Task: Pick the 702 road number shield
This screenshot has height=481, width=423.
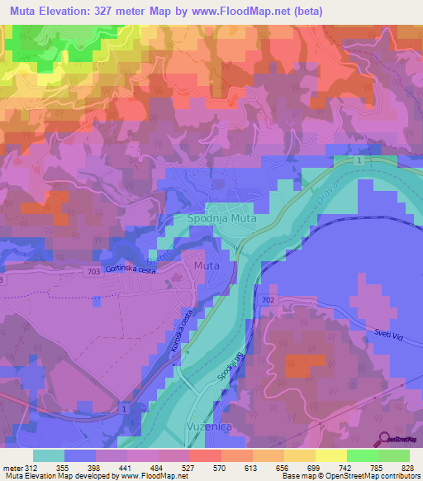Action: [x=266, y=299]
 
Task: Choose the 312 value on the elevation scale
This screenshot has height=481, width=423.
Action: [x=31, y=468]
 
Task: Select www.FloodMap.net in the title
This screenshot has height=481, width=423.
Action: [x=251, y=12]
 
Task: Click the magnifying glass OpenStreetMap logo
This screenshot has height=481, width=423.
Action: [x=382, y=438]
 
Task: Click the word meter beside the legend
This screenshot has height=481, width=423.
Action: [x=12, y=468]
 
